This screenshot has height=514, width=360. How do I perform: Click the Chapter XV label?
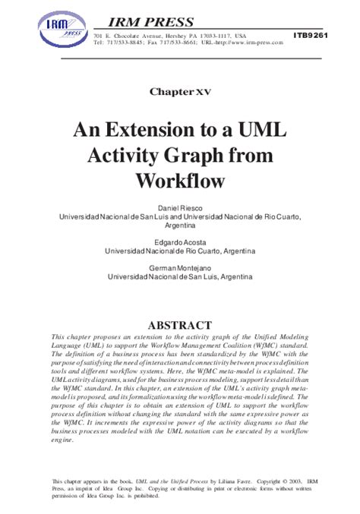tap(179, 92)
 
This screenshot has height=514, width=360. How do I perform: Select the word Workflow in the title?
tap(180, 181)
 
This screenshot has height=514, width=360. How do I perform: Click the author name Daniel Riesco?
tap(180, 207)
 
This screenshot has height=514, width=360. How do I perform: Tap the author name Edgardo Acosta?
tap(180, 241)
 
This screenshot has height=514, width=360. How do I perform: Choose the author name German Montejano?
tap(180, 268)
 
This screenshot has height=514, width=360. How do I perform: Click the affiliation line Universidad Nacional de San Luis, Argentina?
tap(180, 277)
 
